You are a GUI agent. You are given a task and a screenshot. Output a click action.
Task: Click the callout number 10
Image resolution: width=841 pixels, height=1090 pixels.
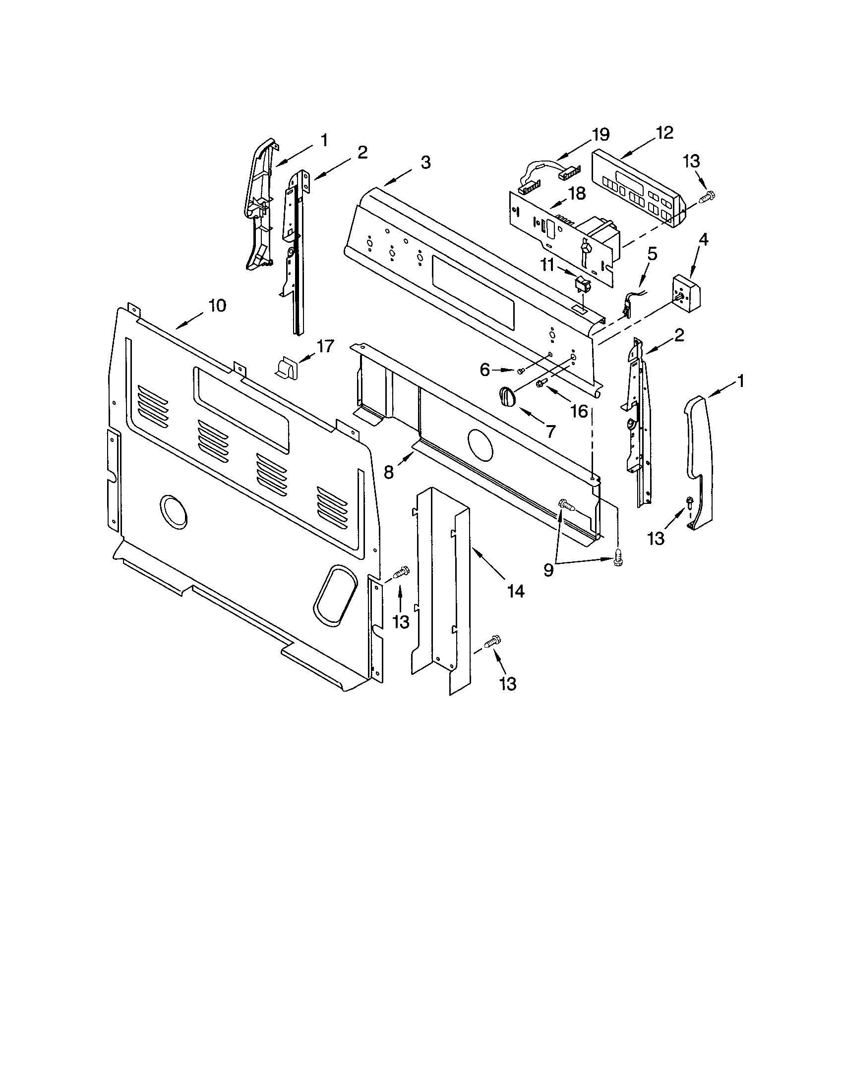pyautogui.click(x=217, y=305)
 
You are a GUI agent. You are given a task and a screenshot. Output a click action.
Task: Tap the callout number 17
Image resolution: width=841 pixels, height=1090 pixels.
pyautogui.click(x=325, y=346)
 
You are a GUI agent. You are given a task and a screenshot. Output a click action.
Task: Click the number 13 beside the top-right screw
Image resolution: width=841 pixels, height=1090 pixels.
pyautogui.click(x=691, y=161)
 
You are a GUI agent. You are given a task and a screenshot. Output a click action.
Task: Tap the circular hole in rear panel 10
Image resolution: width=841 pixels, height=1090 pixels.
pyautogui.click(x=173, y=512)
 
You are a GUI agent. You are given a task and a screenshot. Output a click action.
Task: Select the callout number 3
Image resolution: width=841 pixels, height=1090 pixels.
pyautogui.click(x=425, y=163)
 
